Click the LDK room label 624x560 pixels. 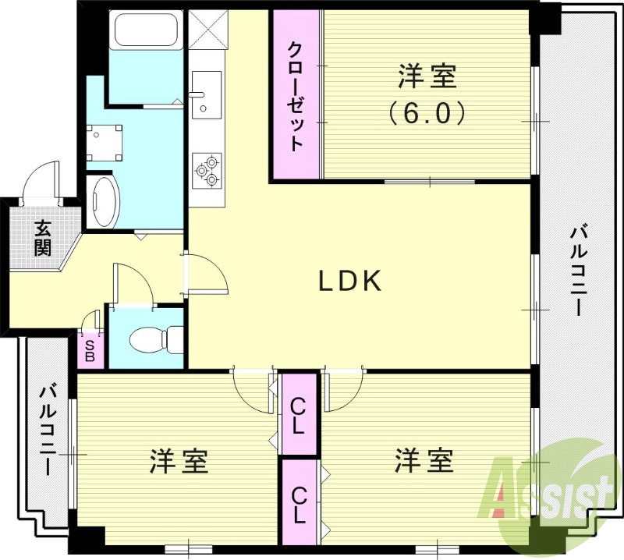349,282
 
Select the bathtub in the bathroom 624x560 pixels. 147,31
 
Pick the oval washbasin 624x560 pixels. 103,200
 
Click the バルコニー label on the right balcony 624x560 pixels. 578,269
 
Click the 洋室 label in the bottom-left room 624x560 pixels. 179,461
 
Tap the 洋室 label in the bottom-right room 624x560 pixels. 424,459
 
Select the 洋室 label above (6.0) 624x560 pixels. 427,76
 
